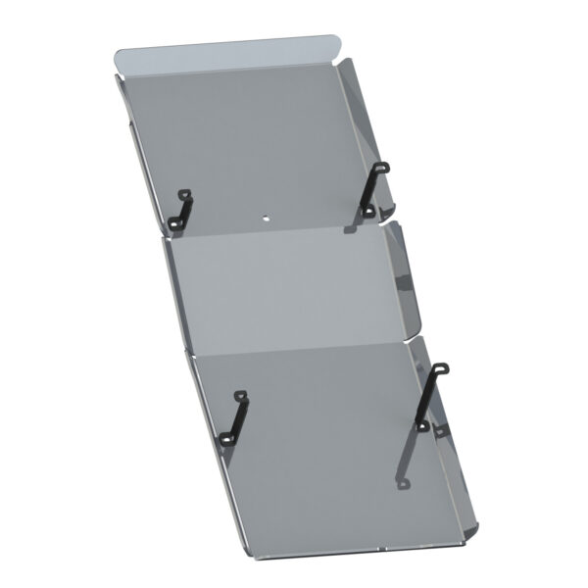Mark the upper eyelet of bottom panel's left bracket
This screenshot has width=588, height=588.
pos(241,395)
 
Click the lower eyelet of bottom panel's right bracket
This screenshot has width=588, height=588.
pos(419,424)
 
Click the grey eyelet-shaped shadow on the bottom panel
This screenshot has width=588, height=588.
pos(402,483)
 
